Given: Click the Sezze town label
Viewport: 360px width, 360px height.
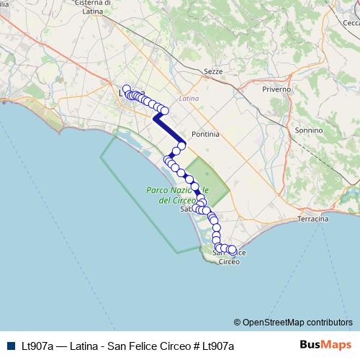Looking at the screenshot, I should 214,72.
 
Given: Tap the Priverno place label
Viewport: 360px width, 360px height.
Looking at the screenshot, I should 277,89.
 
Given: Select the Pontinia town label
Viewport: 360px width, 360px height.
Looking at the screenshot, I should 205,134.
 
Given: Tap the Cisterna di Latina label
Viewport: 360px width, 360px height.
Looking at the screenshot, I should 95,7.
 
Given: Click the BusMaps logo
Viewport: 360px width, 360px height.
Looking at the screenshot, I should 325,346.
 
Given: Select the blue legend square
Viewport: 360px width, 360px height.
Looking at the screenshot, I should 8,346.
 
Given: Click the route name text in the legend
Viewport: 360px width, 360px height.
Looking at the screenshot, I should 125,346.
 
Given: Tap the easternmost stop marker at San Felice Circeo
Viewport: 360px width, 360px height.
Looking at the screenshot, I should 232,250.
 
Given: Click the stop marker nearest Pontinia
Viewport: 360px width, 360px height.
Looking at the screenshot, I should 182,145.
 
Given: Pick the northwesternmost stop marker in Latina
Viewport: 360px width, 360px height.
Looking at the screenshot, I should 126,89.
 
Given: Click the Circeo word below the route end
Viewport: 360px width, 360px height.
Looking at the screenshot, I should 229,261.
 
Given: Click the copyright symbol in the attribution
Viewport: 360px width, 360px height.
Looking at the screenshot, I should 237,322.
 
